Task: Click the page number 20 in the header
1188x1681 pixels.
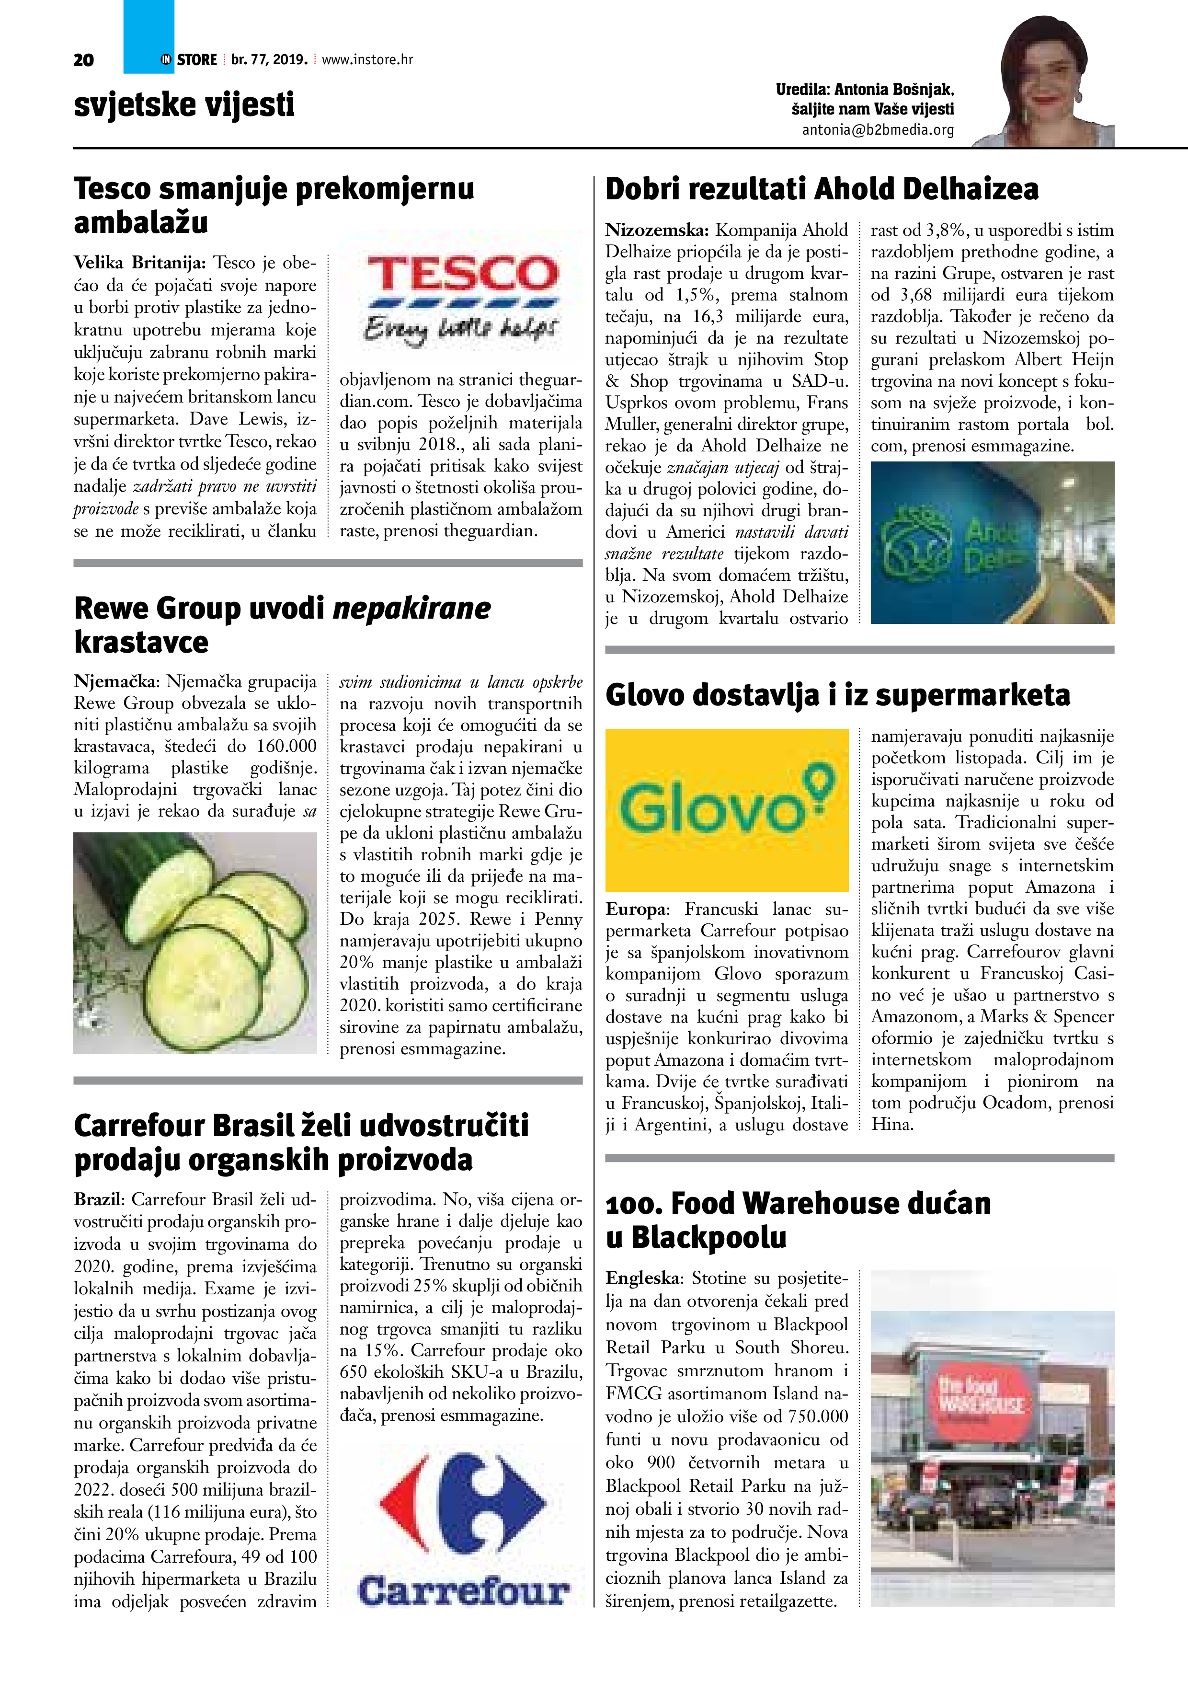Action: coord(83,60)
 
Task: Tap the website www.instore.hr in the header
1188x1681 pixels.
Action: coord(367,59)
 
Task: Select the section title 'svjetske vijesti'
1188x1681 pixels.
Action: coord(184,104)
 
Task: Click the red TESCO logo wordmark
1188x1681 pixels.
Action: coord(463,275)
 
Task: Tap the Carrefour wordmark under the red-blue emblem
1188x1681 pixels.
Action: coord(463,1592)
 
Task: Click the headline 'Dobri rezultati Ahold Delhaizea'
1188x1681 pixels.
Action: coord(821,189)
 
